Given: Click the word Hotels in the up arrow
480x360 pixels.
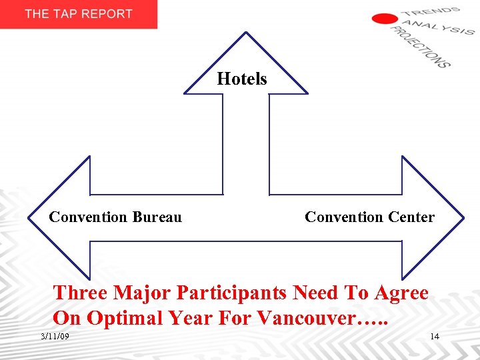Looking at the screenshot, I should tap(242, 79).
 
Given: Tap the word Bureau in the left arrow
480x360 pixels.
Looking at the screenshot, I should tap(157, 217).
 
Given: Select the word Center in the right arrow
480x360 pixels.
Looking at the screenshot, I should tap(409, 217).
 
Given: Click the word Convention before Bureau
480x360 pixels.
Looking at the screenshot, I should tap(88, 217).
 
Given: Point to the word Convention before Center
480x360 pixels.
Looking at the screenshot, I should tap(343, 217).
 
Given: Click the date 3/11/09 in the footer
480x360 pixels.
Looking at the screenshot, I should tap(55, 336).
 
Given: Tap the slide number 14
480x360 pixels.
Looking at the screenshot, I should tap(435, 336).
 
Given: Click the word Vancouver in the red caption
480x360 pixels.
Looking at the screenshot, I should tap(303, 318).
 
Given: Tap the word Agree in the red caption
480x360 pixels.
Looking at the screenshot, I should tap(401, 293).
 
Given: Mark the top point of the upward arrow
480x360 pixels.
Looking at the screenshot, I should tap(246, 32).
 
